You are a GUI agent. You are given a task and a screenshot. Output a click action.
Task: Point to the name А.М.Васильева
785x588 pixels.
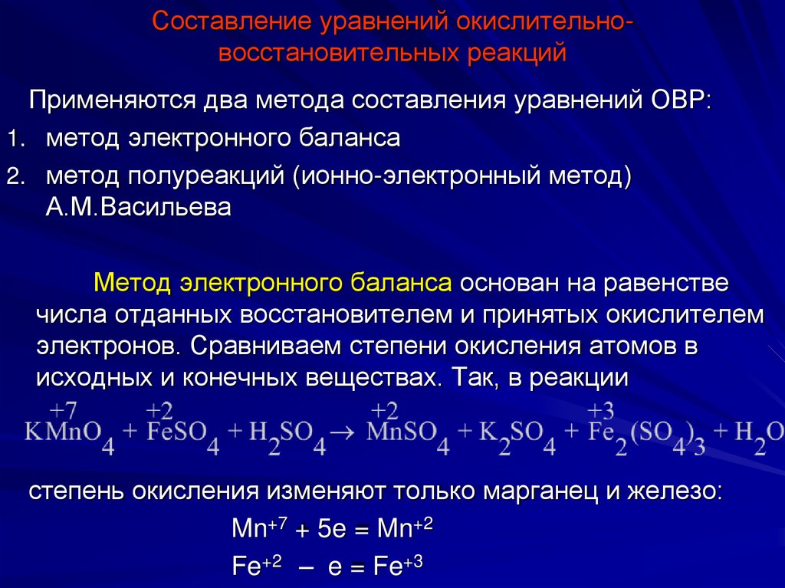(138, 208)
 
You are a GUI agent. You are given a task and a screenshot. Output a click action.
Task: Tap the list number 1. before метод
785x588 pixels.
(16, 139)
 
